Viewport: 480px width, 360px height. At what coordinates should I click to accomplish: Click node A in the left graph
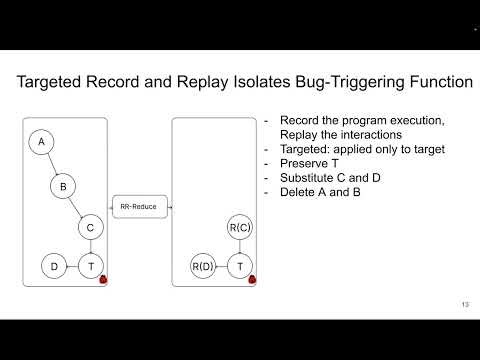click(41, 143)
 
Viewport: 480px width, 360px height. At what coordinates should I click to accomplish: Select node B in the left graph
click(63, 186)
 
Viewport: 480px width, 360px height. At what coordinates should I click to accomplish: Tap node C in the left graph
click(91, 228)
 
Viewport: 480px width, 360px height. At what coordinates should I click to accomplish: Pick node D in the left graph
click(53, 266)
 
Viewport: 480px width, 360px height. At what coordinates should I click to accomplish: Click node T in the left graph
click(91, 266)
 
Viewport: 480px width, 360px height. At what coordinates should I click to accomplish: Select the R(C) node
click(239, 228)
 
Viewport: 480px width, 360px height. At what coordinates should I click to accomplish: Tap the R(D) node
click(203, 266)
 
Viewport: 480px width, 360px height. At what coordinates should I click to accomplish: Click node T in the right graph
click(239, 266)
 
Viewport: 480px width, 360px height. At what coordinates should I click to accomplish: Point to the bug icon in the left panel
click(104, 279)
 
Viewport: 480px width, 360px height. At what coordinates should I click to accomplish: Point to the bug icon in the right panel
click(252, 279)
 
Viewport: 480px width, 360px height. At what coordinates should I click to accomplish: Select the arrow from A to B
click(52, 164)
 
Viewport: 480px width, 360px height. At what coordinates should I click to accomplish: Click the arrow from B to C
click(77, 207)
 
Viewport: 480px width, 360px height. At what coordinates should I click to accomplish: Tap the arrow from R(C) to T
click(239, 247)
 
